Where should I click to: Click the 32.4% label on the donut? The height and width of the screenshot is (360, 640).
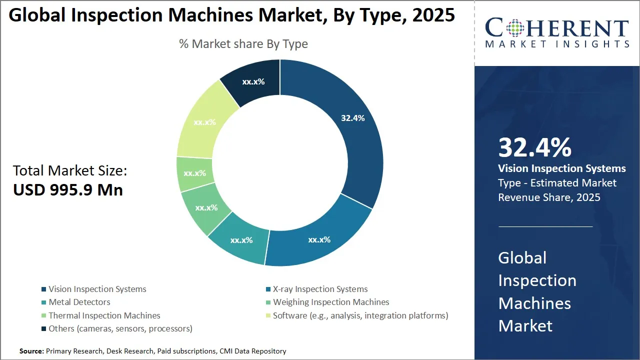click(352, 118)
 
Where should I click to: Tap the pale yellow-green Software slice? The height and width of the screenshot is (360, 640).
click(204, 122)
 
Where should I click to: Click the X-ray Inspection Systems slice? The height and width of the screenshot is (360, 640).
click(319, 239)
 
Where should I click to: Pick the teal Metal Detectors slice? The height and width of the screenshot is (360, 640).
click(241, 240)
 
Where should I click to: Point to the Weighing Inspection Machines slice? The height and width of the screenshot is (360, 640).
click(206, 207)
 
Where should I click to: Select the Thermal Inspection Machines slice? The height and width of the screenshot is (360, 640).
click(194, 173)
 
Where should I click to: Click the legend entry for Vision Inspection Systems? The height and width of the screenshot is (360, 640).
click(97, 289)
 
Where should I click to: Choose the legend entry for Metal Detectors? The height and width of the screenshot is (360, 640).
click(79, 302)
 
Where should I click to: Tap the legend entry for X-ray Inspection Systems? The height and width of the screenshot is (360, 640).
click(320, 289)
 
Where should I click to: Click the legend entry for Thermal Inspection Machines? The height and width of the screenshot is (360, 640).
click(104, 315)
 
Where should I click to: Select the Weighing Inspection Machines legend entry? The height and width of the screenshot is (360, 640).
click(330, 302)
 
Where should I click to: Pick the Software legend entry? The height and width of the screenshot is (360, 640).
click(360, 315)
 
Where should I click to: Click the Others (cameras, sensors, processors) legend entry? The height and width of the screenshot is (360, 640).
click(120, 328)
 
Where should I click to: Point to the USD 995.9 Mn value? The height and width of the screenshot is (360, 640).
click(68, 190)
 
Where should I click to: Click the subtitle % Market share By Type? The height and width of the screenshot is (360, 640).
click(243, 44)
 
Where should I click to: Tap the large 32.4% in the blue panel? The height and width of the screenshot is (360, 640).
click(534, 148)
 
